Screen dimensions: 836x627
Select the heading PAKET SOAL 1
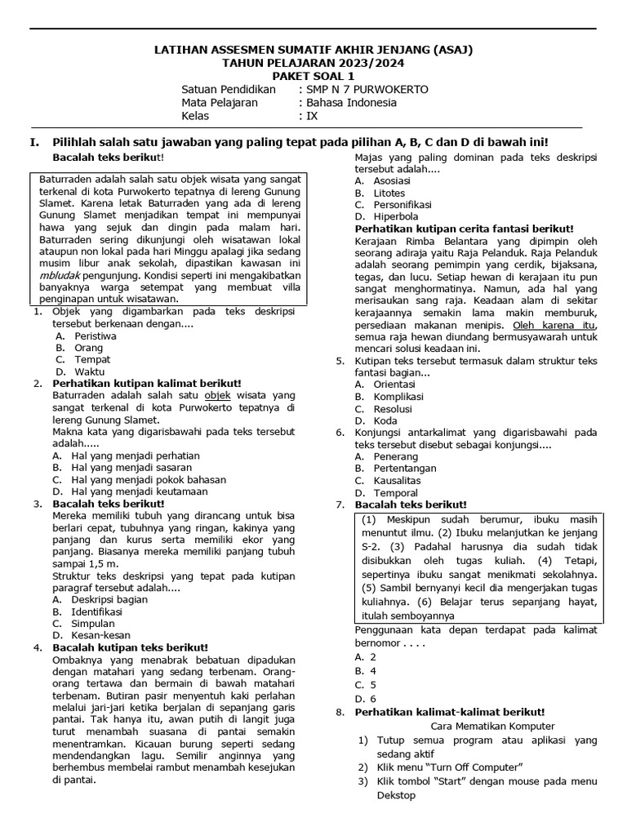(313, 77)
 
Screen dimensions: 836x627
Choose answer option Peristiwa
(96, 336)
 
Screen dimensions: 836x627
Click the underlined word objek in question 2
(215, 395)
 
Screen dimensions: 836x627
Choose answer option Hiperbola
(396, 217)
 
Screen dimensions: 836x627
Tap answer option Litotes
(389, 193)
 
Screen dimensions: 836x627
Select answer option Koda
(385, 420)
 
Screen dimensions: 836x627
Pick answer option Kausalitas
(398, 481)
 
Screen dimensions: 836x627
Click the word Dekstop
(397, 795)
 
